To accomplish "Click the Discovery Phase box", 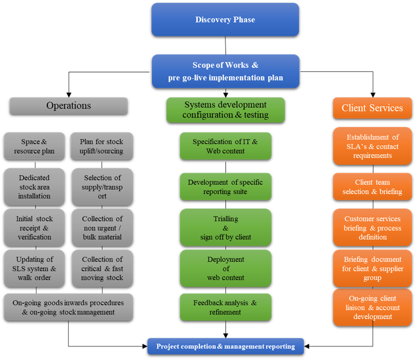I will (225, 20).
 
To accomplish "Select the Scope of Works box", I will (225, 71).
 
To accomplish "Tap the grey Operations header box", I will (69, 106).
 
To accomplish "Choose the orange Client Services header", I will (372, 107).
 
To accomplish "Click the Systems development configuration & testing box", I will (225, 110).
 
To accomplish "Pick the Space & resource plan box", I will (34, 147).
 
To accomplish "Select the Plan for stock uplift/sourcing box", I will (102, 147).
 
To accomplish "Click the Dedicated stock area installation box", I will (34, 187).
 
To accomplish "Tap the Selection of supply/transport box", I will (102, 187).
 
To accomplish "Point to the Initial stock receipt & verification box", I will (34, 228).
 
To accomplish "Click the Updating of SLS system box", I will (34, 268).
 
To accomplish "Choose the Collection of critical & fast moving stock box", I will (102, 268).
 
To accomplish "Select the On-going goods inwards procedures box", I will (68, 307).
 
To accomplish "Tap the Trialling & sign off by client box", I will (225, 228).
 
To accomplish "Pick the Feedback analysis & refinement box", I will (225, 307).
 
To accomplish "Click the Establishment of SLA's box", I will (372, 146).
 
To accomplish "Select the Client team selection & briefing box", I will (372, 187).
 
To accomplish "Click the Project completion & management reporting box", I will (225, 346).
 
